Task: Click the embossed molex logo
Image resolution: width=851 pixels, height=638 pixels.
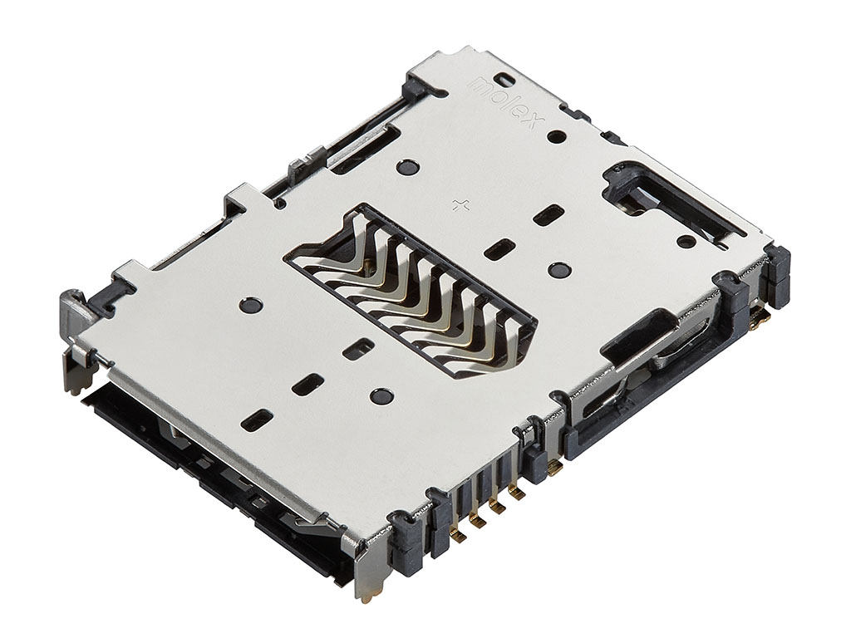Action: pyautogui.click(x=504, y=103)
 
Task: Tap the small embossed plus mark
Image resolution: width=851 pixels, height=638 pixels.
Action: pyautogui.click(x=460, y=204)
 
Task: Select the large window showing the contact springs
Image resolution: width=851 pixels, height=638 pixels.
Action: pyautogui.click(x=410, y=291)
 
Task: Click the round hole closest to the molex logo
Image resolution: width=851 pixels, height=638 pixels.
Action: pyautogui.click(x=555, y=136)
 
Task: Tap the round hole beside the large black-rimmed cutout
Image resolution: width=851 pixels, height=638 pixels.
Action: pyautogui.click(x=686, y=240)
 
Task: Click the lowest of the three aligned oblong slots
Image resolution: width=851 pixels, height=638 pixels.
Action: pyautogui.click(x=258, y=420)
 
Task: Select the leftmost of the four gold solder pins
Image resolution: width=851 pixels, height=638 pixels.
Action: pyautogui.click(x=458, y=536)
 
